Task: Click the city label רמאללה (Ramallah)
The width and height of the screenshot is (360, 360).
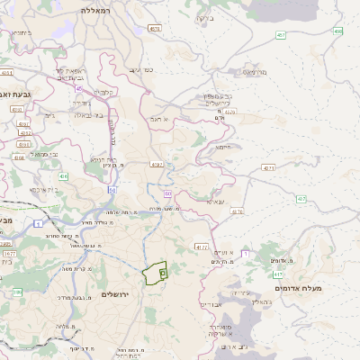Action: (94, 10)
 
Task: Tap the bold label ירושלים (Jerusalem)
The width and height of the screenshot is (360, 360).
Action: (116, 294)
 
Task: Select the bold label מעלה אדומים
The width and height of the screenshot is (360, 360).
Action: (326, 288)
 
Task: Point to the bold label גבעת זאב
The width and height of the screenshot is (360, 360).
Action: (15, 94)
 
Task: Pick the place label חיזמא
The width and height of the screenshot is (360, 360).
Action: (223, 146)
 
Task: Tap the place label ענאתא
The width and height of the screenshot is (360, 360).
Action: (215, 201)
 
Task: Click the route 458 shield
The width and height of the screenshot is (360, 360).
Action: (337, 31)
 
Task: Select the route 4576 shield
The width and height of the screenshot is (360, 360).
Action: (157, 30)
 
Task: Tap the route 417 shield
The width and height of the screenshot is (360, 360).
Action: (278, 274)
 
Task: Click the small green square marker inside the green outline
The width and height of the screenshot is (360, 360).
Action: (162, 271)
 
